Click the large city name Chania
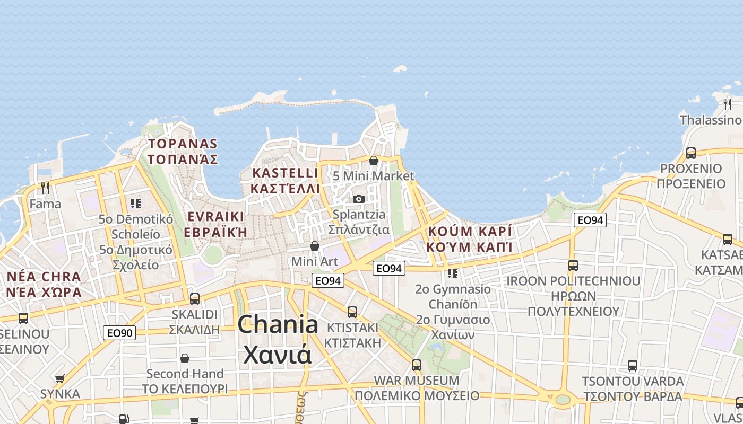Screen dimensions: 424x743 278,324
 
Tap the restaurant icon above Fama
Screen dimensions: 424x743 45,188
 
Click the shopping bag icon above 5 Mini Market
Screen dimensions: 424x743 374,160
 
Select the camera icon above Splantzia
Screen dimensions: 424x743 359,199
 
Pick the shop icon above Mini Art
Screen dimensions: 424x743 315,246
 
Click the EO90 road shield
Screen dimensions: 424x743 119,333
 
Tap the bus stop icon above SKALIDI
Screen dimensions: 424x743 195,298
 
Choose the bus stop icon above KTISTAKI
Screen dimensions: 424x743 352,312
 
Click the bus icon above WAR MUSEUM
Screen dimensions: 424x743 417,365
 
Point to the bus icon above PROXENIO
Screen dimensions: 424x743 690,153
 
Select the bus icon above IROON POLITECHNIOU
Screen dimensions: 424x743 573,265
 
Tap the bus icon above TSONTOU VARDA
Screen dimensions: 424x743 632,365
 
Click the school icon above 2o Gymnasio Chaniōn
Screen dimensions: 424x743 453,273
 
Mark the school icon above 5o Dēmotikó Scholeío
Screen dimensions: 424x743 136,203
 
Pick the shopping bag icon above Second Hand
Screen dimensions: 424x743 185,358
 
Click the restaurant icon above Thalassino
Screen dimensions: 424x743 728,104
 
